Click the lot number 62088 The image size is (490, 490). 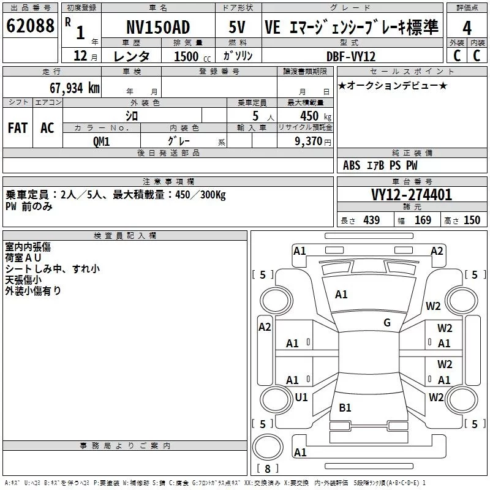(x=30, y=25)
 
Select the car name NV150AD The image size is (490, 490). (x=158, y=27)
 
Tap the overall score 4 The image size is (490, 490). (x=467, y=28)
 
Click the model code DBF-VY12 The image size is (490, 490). (x=351, y=56)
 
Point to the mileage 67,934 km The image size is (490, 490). (x=75, y=88)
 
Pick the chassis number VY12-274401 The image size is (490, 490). (x=412, y=195)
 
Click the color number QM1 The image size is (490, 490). (x=101, y=141)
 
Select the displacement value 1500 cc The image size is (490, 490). (x=192, y=56)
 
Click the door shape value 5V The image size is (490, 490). (x=237, y=27)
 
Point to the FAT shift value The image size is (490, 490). (x=18, y=128)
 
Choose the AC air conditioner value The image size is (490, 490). (x=47, y=128)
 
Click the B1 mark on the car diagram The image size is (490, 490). (x=345, y=407)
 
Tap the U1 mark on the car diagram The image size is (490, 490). (x=301, y=397)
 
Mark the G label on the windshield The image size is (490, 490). (x=387, y=322)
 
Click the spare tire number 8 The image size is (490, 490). (x=268, y=469)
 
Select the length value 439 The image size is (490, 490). (x=372, y=221)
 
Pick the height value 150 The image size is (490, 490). (x=472, y=221)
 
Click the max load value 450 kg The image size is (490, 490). (x=315, y=116)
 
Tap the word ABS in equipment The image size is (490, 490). (x=352, y=165)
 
